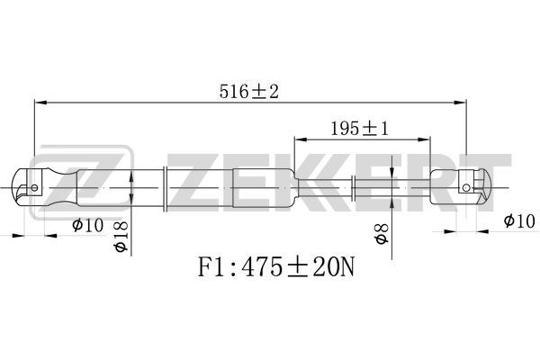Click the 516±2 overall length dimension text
click(x=248, y=92)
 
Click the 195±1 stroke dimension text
click(x=359, y=129)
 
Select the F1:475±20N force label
click(x=276, y=267)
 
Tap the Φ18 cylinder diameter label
click(x=121, y=237)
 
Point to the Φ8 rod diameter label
click(x=382, y=234)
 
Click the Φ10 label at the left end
click(x=87, y=225)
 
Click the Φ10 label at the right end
click(x=519, y=220)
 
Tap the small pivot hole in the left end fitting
click(x=34, y=188)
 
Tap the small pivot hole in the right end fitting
click(x=466, y=188)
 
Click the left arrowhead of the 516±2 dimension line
click(x=40, y=103)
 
